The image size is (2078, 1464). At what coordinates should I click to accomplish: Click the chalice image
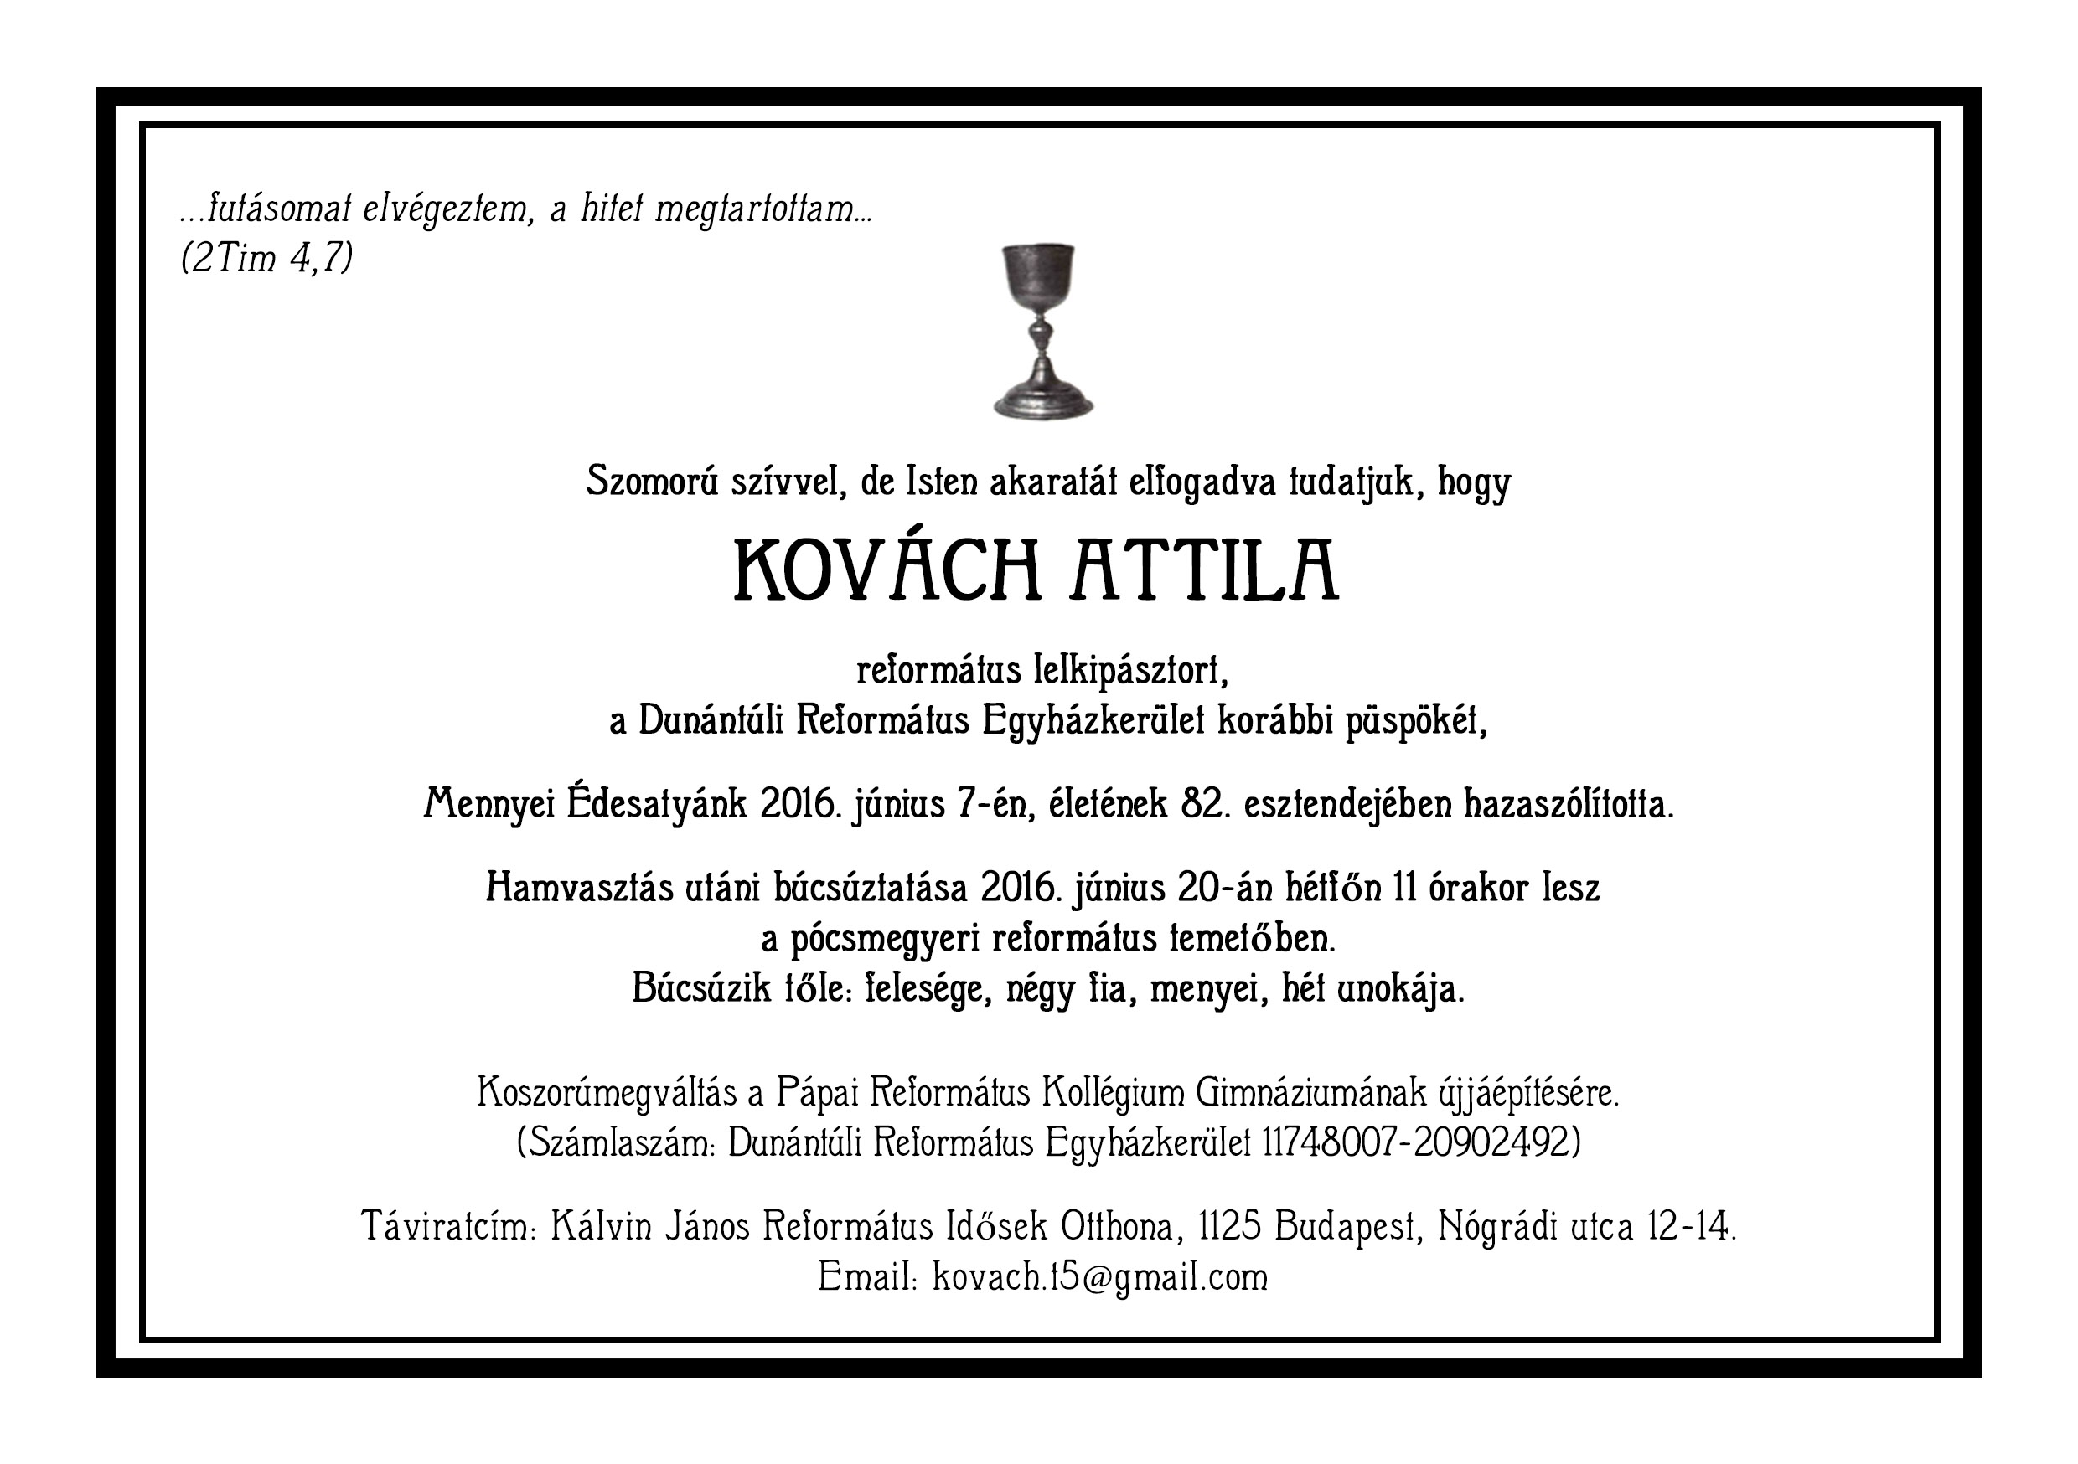(x=1042, y=330)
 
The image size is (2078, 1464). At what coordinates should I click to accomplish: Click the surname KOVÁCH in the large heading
(x=886, y=570)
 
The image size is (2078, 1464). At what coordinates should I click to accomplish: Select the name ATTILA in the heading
(x=1204, y=570)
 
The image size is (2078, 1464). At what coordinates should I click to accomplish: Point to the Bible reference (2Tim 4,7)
(x=267, y=259)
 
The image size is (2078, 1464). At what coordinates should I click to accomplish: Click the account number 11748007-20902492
(x=1421, y=1142)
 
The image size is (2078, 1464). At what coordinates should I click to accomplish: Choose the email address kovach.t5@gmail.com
(x=1099, y=1276)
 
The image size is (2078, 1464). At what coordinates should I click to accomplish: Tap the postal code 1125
(x=1230, y=1227)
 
